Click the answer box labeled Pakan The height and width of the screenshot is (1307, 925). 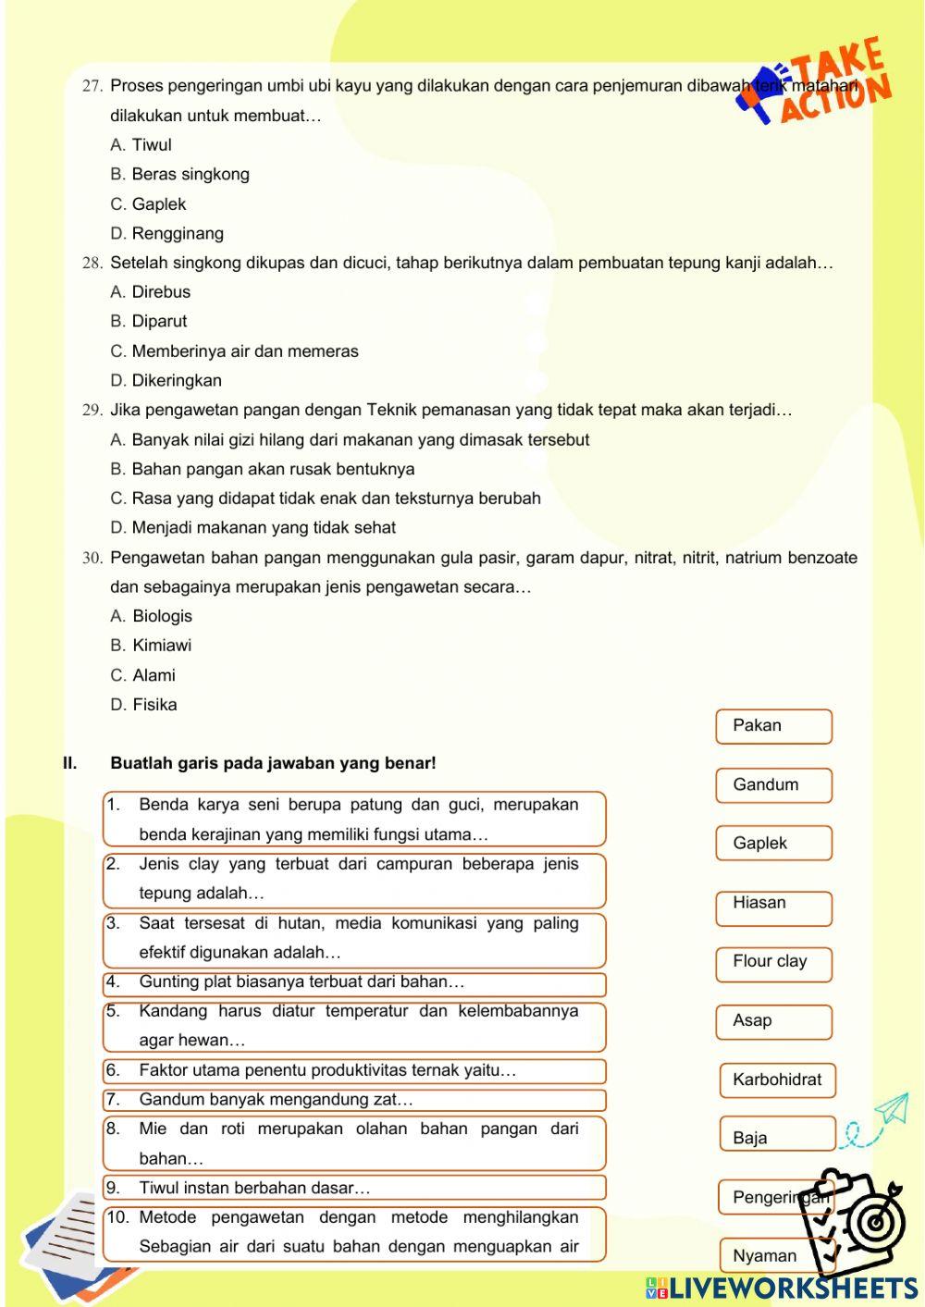pos(773,726)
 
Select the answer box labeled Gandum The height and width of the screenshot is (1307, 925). pos(773,785)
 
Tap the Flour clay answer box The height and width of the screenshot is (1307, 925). pos(773,962)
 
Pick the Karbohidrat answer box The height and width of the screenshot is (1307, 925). pos(777,1079)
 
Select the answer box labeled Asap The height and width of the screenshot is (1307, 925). pos(773,1021)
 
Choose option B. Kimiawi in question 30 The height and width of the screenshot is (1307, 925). pos(151,646)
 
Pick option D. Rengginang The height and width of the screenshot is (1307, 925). pos(166,234)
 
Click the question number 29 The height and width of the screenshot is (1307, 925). pos(92,411)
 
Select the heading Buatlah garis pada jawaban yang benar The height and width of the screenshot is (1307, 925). pos(273,764)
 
